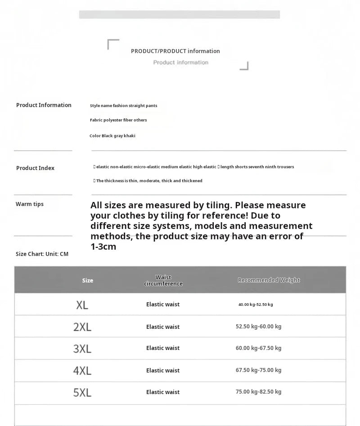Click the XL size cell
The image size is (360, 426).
point(82,305)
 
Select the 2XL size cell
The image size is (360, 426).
point(82,327)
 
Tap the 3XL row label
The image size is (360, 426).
point(82,349)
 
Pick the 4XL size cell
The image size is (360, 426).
point(82,371)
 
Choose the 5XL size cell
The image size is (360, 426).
point(82,392)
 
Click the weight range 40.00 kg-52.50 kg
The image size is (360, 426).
point(256,305)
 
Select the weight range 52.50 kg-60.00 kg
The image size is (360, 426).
point(258,327)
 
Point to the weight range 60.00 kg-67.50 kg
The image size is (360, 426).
point(258,348)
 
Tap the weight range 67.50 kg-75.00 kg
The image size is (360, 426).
point(258,370)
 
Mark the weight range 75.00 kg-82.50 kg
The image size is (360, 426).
point(258,392)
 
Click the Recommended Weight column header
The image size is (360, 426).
point(269,280)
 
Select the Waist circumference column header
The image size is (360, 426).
point(163,281)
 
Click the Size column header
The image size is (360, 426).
point(88,281)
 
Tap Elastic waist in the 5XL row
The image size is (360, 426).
point(163,392)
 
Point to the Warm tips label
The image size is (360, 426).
point(30,204)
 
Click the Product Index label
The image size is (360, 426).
point(35,168)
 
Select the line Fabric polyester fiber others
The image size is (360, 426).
point(118,120)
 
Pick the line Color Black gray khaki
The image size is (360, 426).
point(112,136)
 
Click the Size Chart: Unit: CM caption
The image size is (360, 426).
point(42,254)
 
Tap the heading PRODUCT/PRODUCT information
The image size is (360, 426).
point(175,51)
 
